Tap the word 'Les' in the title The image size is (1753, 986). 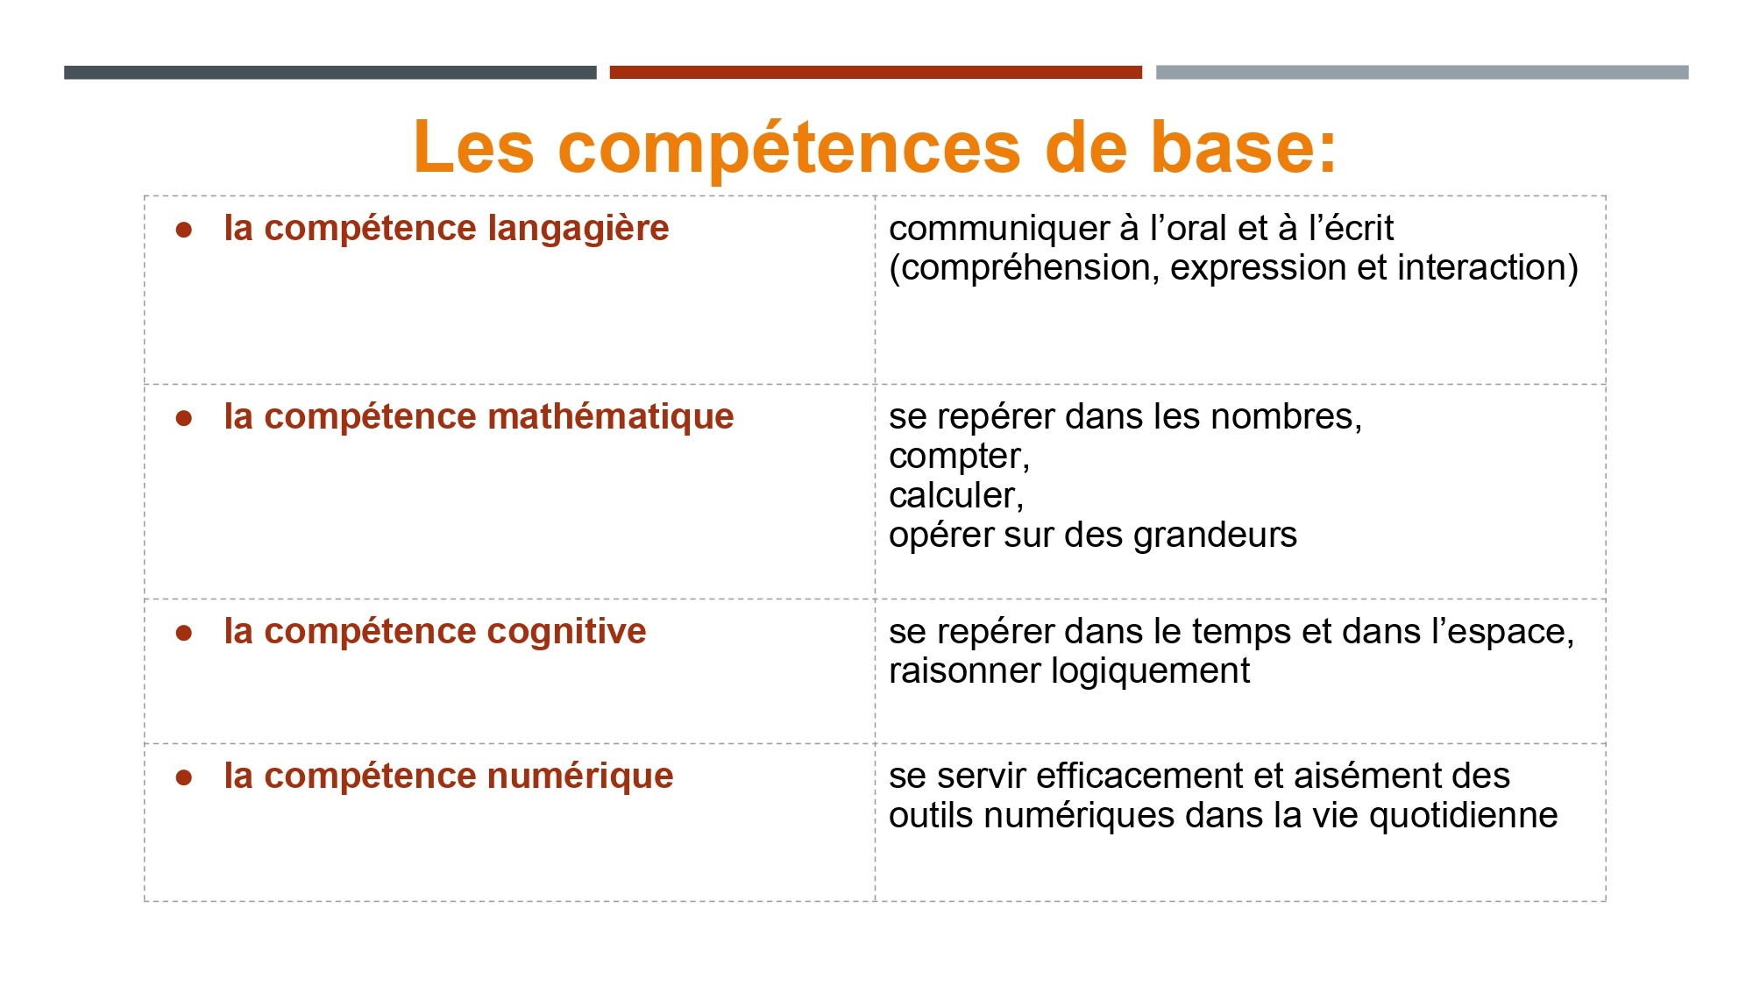coord(473,146)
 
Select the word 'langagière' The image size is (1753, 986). coord(578,230)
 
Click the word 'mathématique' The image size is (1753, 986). coord(611,417)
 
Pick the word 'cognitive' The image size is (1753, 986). coord(566,632)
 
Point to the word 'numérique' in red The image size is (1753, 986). coord(580,777)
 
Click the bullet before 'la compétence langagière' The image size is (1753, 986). coord(184,231)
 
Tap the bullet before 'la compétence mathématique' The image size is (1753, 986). coord(184,419)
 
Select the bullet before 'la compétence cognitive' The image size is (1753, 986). coord(184,634)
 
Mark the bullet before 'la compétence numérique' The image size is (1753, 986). coord(184,778)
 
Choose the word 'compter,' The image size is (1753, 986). coord(959,458)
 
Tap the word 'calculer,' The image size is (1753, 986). coord(956,496)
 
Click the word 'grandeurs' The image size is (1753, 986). coord(1215,536)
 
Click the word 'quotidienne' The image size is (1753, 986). coord(1463,817)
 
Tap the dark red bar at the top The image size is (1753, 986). coord(876,72)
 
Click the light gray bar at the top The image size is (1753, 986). coord(1422,72)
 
